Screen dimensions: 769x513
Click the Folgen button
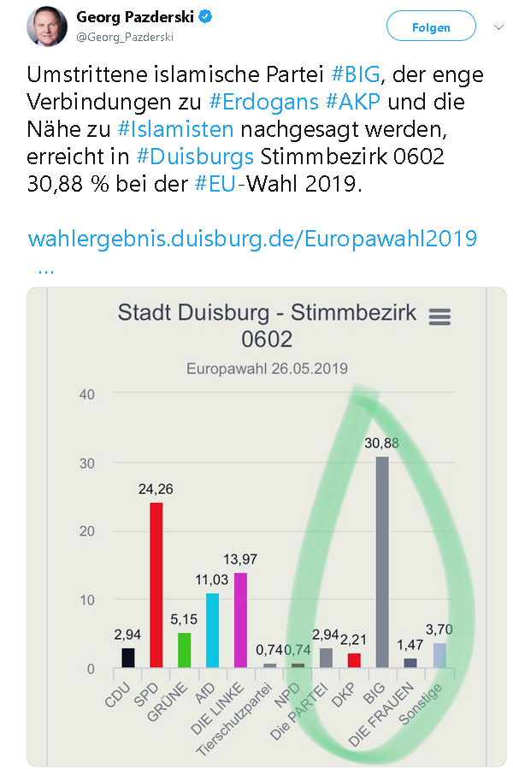coord(430,27)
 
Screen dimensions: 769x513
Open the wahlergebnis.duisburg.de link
coord(252,237)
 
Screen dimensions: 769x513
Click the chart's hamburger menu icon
coord(439,316)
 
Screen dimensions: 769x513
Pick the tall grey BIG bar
coord(382,561)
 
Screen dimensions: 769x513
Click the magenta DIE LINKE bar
coord(240,619)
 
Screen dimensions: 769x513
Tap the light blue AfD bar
coord(212,630)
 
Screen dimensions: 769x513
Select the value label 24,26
coord(156,490)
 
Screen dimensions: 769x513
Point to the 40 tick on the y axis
coord(85,394)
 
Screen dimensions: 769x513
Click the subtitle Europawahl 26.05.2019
coord(268,369)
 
